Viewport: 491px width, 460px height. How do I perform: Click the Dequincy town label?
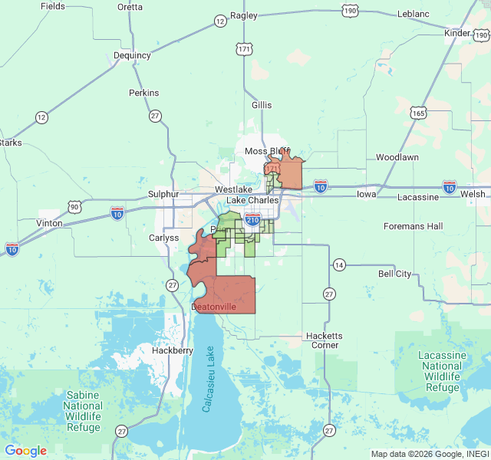pos(132,55)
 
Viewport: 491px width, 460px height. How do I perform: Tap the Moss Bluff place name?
pos(266,151)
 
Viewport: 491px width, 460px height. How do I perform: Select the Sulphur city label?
pos(163,195)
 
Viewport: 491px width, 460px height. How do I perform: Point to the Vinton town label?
pos(50,222)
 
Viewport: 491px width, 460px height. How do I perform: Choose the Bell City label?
pos(394,274)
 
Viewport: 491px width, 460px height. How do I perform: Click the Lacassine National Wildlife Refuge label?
pos(442,372)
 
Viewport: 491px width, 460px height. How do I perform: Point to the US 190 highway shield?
pos(350,11)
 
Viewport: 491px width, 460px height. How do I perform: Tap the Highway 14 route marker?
pos(339,265)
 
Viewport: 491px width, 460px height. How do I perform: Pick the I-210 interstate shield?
pos(252,221)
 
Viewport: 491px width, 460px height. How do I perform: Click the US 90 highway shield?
pos(74,206)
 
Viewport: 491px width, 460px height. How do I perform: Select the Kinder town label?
pos(457,34)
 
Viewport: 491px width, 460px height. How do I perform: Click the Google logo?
pos(25,451)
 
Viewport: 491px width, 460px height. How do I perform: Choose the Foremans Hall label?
pos(414,226)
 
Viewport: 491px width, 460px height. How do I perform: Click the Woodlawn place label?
pos(397,157)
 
